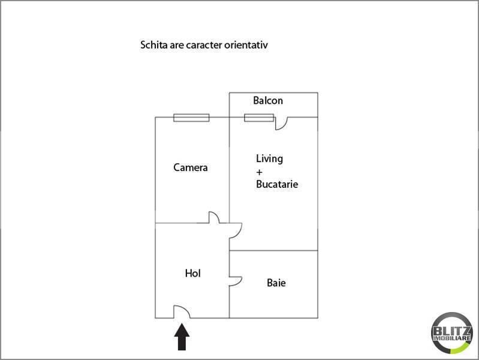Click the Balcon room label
[x=268, y=100]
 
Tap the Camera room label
[x=190, y=167]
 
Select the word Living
[x=269, y=159]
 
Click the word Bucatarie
[x=277, y=184]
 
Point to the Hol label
[x=193, y=273]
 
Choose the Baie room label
[x=276, y=283]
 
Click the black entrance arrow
[x=182, y=337]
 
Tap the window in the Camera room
[x=191, y=118]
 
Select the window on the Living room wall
[x=259, y=118]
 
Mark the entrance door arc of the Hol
[x=185, y=308]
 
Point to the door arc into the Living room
[x=239, y=232]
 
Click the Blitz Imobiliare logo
[x=452, y=333]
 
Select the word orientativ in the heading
[x=246, y=45]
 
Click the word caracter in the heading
[x=204, y=45]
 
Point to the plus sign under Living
[x=260, y=172]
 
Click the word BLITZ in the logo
[x=452, y=331]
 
